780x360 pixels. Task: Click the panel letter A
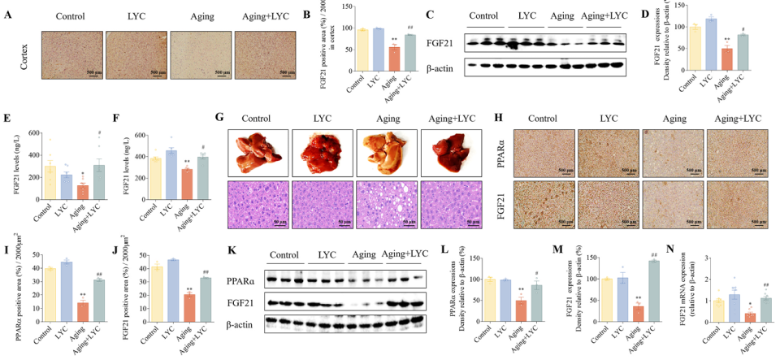(8, 14)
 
